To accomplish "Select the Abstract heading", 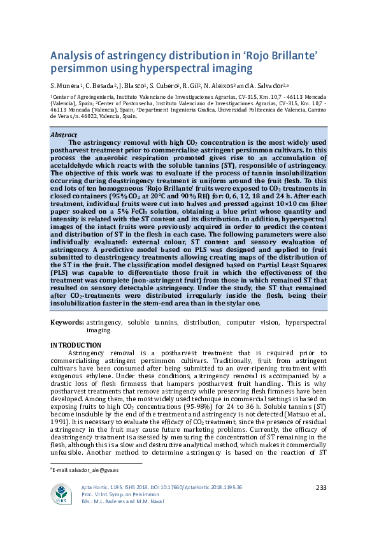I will (x=63, y=135).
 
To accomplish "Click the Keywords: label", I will (x=67, y=323).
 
